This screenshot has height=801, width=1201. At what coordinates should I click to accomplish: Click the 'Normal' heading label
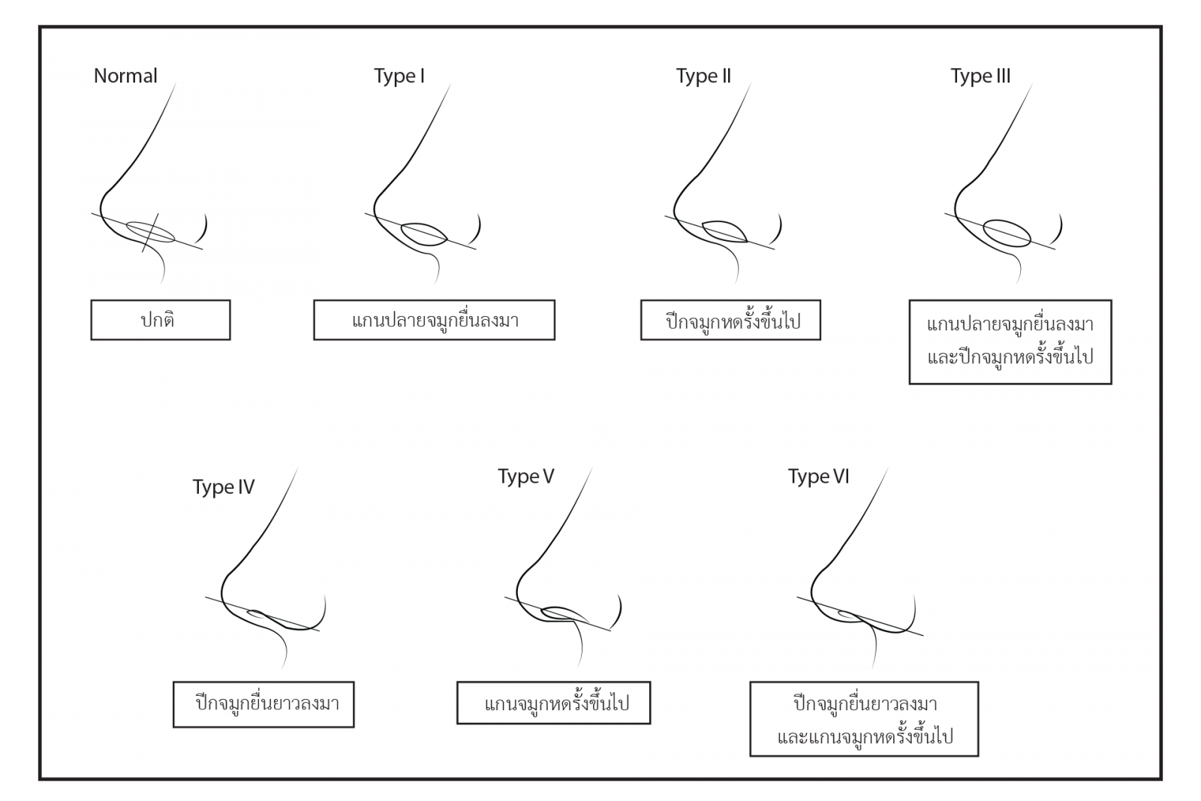pos(125,76)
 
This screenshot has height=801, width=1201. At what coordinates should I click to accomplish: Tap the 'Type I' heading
pos(399,76)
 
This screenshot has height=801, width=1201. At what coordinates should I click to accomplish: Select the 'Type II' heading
pos(703,76)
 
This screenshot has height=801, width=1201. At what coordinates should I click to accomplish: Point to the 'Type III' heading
pos(980,76)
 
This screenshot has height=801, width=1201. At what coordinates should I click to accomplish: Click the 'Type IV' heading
pos(224,486)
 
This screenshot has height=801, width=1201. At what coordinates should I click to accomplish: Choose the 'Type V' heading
pos(526,476)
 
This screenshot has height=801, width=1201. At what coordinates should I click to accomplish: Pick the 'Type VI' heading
pos(819,476)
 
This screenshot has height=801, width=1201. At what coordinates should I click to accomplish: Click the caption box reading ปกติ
pos(161,320)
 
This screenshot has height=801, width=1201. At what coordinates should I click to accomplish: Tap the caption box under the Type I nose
pos(435,320)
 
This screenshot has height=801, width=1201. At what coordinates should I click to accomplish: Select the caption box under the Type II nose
pos(731,320)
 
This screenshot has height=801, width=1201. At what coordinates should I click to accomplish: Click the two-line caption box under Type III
pos(1010,342)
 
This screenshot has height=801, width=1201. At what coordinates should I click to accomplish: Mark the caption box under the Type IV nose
pos(263,704)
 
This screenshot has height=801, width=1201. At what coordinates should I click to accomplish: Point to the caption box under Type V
pos(554,703)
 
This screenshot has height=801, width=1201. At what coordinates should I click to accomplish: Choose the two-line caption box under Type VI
pos(864,719)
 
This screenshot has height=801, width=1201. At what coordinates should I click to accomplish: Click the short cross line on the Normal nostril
pos(150,233)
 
